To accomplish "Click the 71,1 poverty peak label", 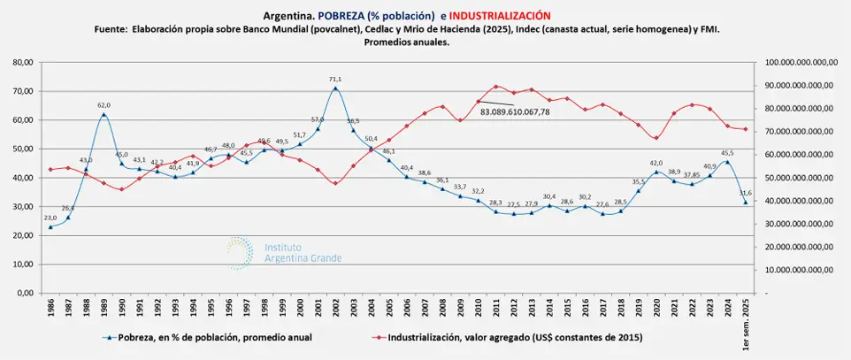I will [335, 79].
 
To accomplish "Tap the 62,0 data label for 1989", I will [104, 105].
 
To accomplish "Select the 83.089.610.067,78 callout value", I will [515, 112].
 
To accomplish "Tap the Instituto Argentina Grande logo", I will [283, 252].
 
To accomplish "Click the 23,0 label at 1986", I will [50, 218].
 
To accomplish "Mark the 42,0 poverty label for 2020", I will [655, 163].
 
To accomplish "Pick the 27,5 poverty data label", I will [514, 204].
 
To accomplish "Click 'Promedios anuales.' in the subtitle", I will [407, 42].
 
